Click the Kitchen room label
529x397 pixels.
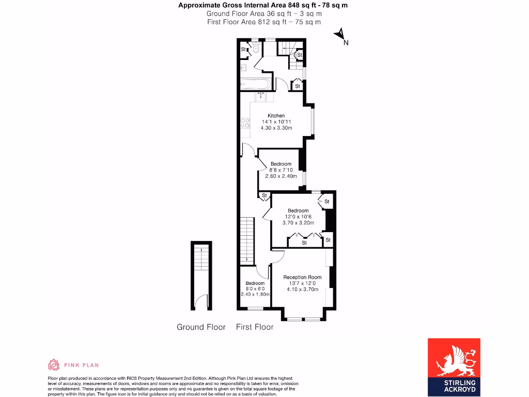coord(276,115)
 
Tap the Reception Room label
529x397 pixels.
coord(302,278)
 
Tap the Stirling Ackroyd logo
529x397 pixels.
coord(454,367)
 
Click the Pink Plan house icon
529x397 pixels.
coord(54,365)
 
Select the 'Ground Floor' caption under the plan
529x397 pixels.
coord(201,327)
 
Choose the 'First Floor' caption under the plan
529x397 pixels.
coord(255,327)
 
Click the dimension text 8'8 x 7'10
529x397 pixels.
coord(281,170)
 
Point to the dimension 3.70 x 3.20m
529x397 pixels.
coord(298,223)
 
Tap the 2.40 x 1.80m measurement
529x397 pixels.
coord(255,295)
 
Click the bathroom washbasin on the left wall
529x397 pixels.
coord(243,67)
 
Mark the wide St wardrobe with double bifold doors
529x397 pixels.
coord(304,239)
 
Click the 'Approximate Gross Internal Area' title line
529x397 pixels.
coord(263,6)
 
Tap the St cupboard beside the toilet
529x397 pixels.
coord(244,50)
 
